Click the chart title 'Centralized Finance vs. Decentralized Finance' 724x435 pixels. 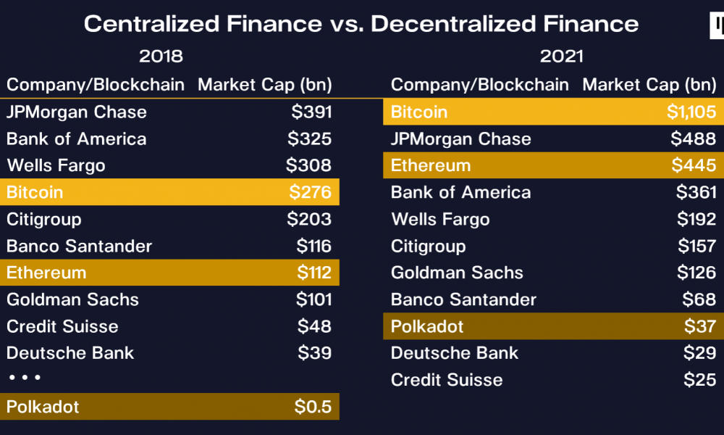tap(361, 24)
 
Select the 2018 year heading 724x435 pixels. tap(161, 57)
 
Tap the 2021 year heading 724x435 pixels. tap(562, 57)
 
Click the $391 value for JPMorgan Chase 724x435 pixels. tap(311, 112)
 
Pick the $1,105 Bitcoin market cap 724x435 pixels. tap(691, 112)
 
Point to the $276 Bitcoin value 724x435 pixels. tap(311, 192)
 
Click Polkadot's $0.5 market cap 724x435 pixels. tap(313, 407)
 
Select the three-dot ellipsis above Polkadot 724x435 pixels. tap(25, 378)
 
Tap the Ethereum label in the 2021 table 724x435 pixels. tap(431, 165)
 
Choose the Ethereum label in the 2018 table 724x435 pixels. tap(46, 273)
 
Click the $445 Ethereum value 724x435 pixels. tap(694, 165)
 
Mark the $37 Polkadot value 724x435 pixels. tap(700, 326)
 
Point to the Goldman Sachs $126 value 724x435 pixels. tap(696, 273)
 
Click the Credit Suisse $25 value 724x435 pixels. tap(700, 380)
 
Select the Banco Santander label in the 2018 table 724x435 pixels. tap(79, 246)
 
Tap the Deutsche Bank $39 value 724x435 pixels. tap(314, 353)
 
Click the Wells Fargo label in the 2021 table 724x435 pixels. tap(440, 219)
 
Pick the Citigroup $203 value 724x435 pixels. tap(309, 219)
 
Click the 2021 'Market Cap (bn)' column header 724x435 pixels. tap(649, 85)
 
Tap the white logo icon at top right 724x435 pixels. tap(717, 25)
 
